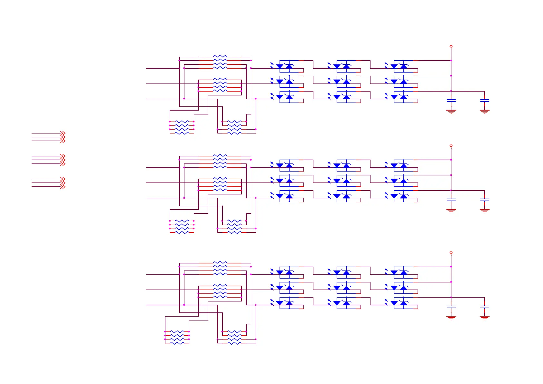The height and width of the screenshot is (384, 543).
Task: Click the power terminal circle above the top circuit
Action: pyautogui.click(x=451, y=46)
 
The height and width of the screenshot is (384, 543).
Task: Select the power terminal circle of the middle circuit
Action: pyautogui.click(x=451, y=146)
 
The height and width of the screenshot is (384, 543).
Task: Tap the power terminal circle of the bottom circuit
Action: pyautogui.click(x=451, y=252)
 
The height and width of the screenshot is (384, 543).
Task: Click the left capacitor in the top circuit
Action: pyautogui.click(x=451, y=101)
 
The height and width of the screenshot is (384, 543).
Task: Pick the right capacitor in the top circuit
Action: pyautogui.click(x=484, y=101)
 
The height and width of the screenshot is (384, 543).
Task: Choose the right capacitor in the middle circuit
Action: pyautogui.click(x=484, y=200)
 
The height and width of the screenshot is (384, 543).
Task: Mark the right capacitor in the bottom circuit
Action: pyautogui.click(x=484, y=307)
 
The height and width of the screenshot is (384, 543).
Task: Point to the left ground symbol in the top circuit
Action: pyautogui.click(x=451, y=112)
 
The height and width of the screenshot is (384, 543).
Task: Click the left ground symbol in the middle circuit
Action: pyautogui.click(x=451, y=211)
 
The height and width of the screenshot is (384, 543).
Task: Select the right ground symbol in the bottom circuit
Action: pyautogui.click(x=484, y=318)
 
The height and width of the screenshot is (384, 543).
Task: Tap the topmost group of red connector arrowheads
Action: pyautogui.click(x=63, y=137)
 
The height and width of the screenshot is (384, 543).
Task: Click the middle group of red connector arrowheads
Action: pyautogui.click(x=63, y=160)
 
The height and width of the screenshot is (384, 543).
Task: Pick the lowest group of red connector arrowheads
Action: pyautogui.click(x=63, y=183)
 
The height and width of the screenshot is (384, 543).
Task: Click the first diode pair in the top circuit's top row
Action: pyautogui.click(x=285, y=66)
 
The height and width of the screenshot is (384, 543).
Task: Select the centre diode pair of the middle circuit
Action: pyautogui.click(x=342, y=181)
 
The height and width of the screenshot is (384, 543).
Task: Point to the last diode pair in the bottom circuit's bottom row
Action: pyautogui.click(x=399, y=303)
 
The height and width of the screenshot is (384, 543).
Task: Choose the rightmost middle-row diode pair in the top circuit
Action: pyautogui.click(x=399, y=82)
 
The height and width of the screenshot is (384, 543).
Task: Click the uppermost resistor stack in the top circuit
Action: pyautogui.click(x=220, y=62)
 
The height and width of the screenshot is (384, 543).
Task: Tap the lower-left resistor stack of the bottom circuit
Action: pyautogui.click(x=177, y=337)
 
